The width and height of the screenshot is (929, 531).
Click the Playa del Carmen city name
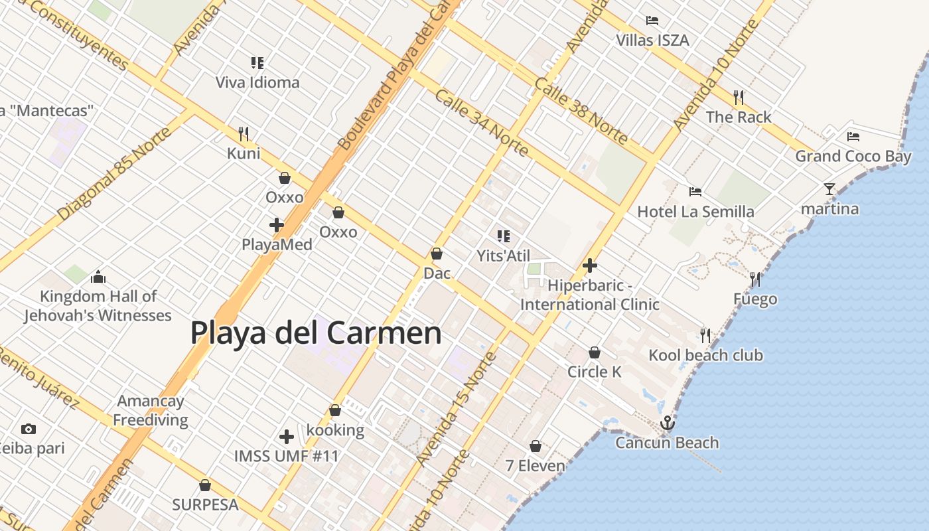316,333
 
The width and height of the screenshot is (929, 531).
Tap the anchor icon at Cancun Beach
667,423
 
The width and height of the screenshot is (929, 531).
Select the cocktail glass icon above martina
829,189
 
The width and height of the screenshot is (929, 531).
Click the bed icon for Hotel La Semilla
695,192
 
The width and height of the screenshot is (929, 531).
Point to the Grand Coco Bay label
853,157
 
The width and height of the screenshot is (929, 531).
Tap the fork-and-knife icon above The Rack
739,98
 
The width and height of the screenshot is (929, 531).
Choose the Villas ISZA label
652,40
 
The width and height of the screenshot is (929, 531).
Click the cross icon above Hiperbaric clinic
589,265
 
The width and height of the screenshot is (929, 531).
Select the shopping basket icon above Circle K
595,352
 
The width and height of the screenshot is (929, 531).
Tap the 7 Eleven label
536,465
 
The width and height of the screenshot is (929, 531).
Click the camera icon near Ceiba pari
28,429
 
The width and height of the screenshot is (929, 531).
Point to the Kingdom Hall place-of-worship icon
98,277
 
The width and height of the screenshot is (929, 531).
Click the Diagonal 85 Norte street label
114,174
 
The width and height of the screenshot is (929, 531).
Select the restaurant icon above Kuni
244,134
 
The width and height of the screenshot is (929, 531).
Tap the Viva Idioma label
257,82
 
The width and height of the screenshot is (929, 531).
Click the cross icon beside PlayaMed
277,225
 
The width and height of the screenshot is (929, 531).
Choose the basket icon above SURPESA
205,485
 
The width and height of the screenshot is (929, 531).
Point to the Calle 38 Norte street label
581,110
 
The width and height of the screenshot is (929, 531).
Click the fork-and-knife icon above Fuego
755,279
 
